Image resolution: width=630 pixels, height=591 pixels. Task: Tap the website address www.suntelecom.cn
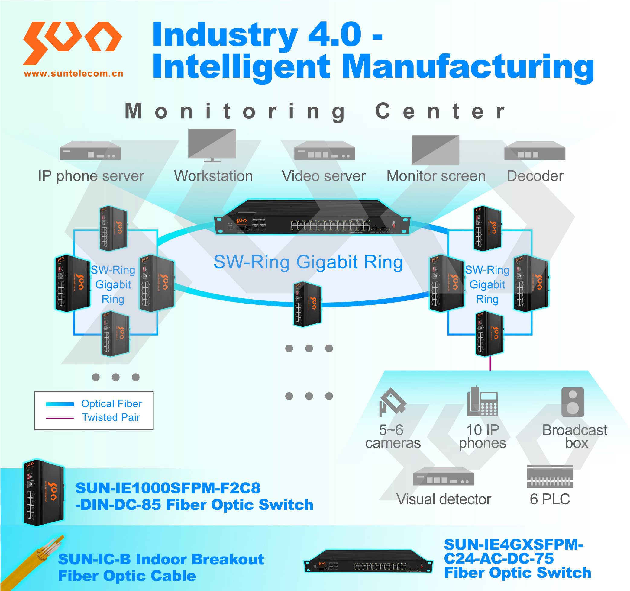click(x=73, y=74)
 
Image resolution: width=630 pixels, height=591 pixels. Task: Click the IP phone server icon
click(x=90, y=151)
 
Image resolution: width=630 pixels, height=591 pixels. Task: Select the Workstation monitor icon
click(x=212, y=145)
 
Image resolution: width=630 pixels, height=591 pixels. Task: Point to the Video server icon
click(x=325, y=151)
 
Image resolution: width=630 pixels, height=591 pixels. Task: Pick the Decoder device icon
click(x=535, y=151)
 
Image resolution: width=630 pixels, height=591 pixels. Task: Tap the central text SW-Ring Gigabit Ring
click(x=308, y=262)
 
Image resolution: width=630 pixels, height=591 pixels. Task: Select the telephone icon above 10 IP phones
click(x=482, y=402)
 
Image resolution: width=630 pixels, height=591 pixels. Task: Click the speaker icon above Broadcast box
click(x=572, y=402)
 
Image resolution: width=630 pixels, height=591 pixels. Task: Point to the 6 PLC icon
click(x=550, y=476)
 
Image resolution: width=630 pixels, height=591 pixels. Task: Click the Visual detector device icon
click(x=443, y=476)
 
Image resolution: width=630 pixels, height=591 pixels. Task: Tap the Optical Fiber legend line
click(x=60, y=404)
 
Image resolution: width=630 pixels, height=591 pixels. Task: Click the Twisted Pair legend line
click(x=60, y=418)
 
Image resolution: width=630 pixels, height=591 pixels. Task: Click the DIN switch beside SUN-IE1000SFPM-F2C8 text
click(x=44, y=493)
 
